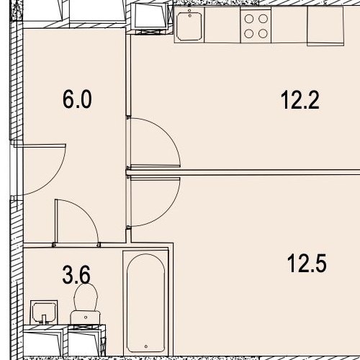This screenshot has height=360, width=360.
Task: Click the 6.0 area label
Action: [x=77, y=99]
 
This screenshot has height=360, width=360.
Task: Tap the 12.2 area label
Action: [x=300, y=100]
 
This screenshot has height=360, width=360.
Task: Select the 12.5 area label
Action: [x=307, y=264]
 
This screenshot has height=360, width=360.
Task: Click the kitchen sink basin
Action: [x=189, y=25]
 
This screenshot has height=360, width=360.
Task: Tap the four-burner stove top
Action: [x=256, y=25]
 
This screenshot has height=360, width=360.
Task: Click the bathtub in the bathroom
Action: [x=145, y=303]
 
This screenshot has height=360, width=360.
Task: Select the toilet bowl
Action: [x=86, y=297]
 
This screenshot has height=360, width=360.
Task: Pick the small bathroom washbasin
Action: [x=44, y=312]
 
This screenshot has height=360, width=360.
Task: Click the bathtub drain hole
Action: [x=146, y=346]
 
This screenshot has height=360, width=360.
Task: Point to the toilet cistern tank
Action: [x=85, y=318]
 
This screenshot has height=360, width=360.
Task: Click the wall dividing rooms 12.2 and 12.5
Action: [x=243, y=172]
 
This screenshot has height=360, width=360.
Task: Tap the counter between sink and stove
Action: [x=222, y=25]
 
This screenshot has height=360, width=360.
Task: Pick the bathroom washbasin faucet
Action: [x=44, y=318]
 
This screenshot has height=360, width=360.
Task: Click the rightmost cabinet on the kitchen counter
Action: [x=325, y=26]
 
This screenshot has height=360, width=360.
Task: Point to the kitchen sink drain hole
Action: [x=190, y=16]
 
